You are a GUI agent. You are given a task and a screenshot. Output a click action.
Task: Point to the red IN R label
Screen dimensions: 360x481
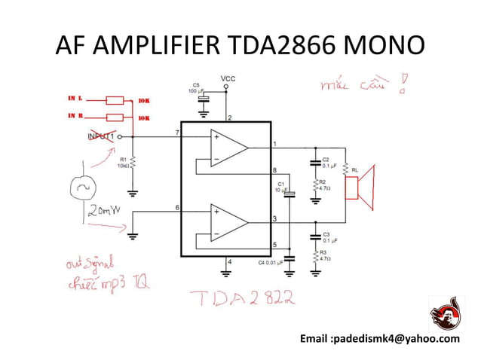(75, 117)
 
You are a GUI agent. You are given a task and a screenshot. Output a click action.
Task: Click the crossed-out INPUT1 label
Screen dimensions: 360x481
(100, 137)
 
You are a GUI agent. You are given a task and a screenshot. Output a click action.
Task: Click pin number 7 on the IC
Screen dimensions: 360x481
(177, 133)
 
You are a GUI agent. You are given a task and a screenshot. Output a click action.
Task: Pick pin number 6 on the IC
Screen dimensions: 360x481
(177, 207)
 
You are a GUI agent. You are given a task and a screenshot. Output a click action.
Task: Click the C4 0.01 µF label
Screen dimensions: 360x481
(270, 262)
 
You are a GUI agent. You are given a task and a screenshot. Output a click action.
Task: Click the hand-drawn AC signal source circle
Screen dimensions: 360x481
(84, 188)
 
